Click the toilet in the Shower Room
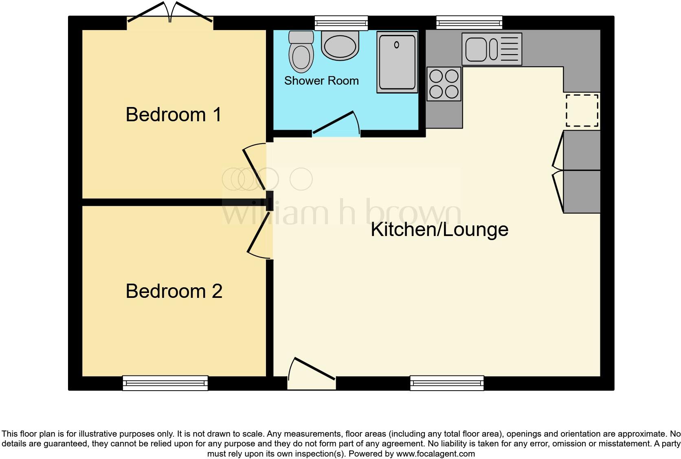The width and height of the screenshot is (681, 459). coord(301,53)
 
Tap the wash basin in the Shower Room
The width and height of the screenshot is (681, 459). coord(340,45)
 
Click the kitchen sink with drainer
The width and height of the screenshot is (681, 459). coord(492,49)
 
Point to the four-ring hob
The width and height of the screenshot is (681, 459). coord(444,84)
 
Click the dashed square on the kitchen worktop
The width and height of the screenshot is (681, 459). coord(582,110)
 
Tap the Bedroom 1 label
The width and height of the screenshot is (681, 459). coord(174,114)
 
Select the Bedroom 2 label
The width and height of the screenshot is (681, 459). coord(174,291)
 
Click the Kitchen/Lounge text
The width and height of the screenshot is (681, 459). coord(439,229)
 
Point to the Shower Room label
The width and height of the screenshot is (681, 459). coord(321,81)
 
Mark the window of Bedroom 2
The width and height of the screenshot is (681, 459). coord(165,383)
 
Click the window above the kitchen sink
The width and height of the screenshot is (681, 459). coord(469,22)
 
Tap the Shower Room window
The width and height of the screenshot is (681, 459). coord(341,22)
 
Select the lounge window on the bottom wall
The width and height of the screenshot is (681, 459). coord(447,383)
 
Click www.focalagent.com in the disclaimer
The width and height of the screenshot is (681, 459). coord(435,453)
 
